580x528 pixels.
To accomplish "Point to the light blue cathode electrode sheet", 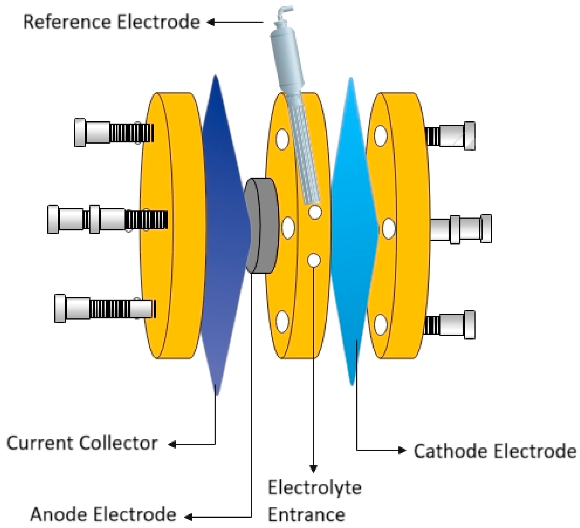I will click(x=354, y=231).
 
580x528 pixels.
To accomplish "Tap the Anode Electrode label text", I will click(x=103, y=515).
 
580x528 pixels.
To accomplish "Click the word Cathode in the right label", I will click(x=450, y=451).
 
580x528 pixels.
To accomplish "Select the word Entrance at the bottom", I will click(x=306, y=515).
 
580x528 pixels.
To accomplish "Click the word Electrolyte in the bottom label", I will click(x=314, y=488).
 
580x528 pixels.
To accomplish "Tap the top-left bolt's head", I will click(x=80, y=133).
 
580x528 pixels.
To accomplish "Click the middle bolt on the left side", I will click(x=106, y=219).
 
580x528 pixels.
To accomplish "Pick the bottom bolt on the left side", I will click(x=104, y=308).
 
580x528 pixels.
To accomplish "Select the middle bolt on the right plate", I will click(x=460, y=229).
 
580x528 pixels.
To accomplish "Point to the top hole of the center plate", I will click(x=282, y=139).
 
